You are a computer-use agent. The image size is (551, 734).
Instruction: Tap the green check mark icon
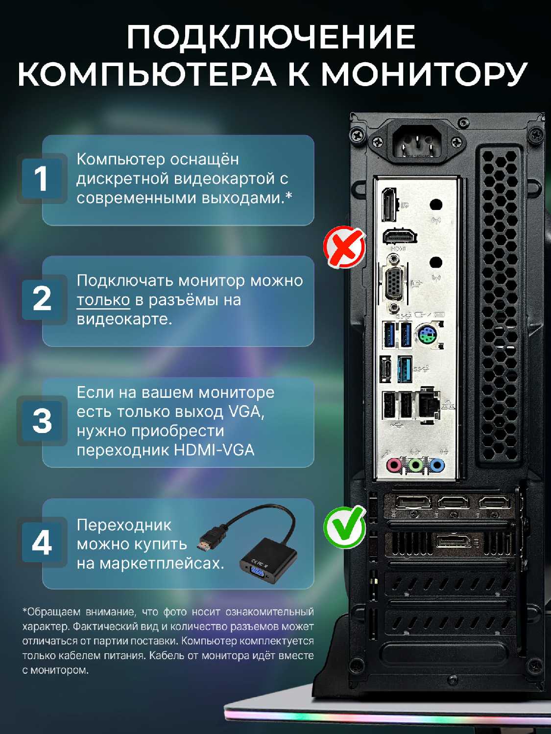pos(345,527)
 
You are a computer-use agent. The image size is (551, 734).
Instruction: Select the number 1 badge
pos(42,179)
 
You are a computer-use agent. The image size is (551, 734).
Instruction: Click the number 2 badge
pos(42,299)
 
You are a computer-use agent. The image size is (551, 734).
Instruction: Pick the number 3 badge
pos(42,421)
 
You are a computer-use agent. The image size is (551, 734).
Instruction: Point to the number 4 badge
pos(42,542)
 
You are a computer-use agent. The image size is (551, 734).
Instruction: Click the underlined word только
pos(103,300)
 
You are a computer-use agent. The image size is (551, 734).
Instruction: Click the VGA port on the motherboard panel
pos(394,282)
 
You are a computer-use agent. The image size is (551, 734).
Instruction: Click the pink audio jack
pos(394,464)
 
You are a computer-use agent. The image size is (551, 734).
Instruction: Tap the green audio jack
pos(415,464)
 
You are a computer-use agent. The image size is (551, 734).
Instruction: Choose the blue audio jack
pos(436,464)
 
